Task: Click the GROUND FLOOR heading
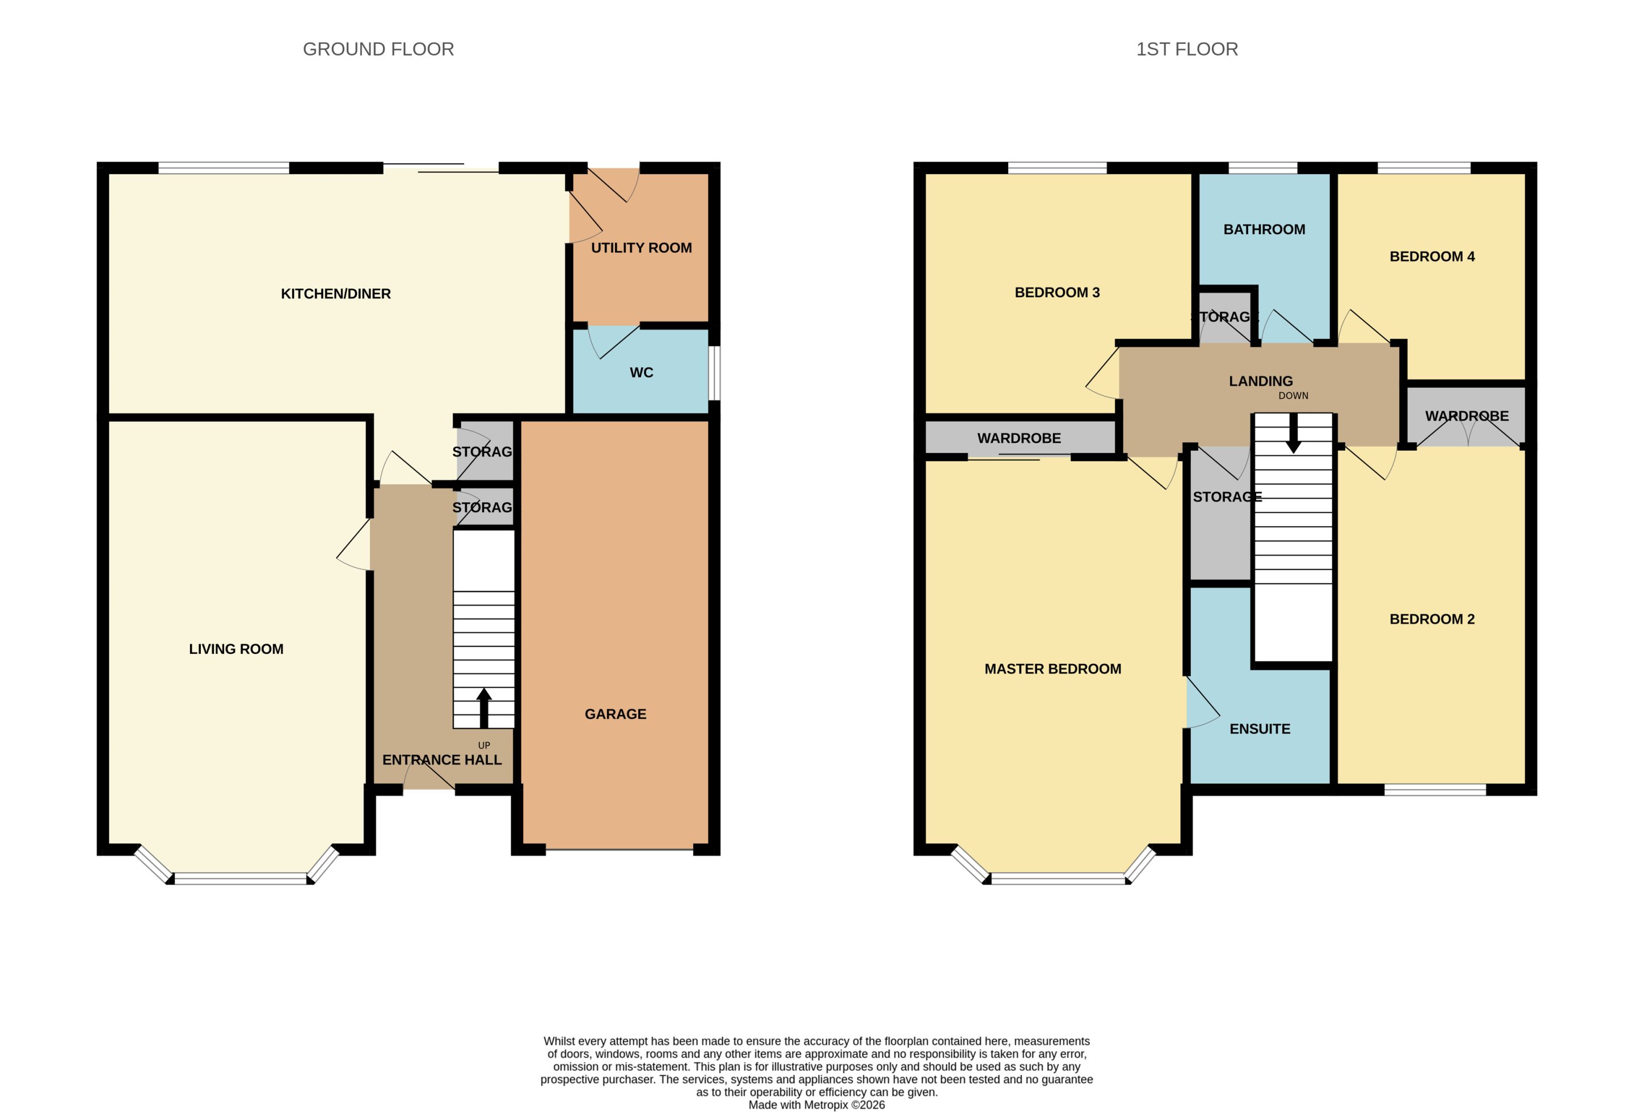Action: (x=378, y=49)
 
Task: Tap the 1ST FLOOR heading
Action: (x=1187, y=49)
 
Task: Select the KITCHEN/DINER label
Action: (x=335, y=294)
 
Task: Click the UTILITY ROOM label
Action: (x=641, y=247)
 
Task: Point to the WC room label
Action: (x=641, y=373)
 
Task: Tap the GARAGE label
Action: (x=615, y=714)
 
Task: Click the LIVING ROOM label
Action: (x=236, y=649)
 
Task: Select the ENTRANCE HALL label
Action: (x=441, y=760)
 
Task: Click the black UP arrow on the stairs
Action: (x=484, y=708)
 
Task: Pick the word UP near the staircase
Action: (x=484, y=746)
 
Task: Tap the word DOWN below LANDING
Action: (x=1293, y=396)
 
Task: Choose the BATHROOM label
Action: (x=1264, y=229)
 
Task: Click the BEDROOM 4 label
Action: (x=1432, y=256)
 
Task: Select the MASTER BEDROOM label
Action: (x=1052, y=669)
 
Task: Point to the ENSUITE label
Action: (x=1260, y=729)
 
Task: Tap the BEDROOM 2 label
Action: (x=1432, y=619)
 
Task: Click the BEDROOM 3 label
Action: (x=1057, y=293)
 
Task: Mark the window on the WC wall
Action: (x=714, y=373)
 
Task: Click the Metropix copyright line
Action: (x=816, y=1105)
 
